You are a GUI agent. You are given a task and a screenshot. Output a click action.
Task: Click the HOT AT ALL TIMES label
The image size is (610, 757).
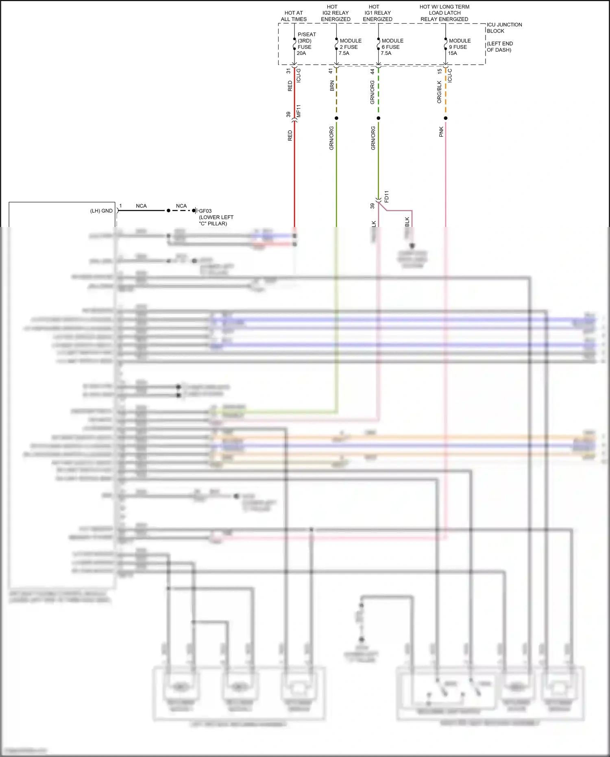[x=294, y=16]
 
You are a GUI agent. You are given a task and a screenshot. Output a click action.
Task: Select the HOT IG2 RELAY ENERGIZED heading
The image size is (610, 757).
[x=335, y=13]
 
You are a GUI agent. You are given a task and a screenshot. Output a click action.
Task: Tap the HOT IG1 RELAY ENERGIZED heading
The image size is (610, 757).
[x=377, y=13]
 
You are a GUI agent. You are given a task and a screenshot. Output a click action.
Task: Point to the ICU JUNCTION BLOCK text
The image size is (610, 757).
[x=504, y=28]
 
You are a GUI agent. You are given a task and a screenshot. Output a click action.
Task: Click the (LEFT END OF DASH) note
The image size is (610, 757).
[x=500, y=47]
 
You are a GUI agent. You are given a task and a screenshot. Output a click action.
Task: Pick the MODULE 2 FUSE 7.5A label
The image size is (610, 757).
[x=350, y=47]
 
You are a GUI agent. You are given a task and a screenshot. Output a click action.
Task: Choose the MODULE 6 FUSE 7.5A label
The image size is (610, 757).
[x=392, y=47]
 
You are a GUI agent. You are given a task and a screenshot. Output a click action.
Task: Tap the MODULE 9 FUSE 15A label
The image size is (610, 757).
[x=459, y=47]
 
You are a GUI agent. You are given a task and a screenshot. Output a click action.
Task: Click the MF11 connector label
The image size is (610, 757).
[x=298, y=111]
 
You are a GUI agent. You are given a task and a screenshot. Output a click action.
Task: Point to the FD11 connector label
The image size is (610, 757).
[x=386, y=196]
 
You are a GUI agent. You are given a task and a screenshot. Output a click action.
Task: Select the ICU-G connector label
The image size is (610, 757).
[x=298, y=76]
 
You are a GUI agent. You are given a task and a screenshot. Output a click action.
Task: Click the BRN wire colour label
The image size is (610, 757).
[x=332, y=85]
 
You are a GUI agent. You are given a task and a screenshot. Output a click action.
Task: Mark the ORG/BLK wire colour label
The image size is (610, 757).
[x=439, y=92]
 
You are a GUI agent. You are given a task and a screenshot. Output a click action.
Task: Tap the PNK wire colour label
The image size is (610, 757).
[x=441, y=132]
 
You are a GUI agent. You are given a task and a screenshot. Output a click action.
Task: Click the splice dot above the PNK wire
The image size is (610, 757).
[x=446, y=118]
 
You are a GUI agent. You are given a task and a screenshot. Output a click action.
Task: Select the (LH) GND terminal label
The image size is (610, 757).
[x=101, y=211]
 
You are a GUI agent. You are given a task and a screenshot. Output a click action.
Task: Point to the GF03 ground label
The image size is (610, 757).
[x=205, y=211]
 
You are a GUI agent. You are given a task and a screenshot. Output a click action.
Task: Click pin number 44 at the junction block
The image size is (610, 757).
[x=372, y=71]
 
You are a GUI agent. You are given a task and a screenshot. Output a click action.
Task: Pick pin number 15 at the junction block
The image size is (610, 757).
[x=440, y=71]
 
